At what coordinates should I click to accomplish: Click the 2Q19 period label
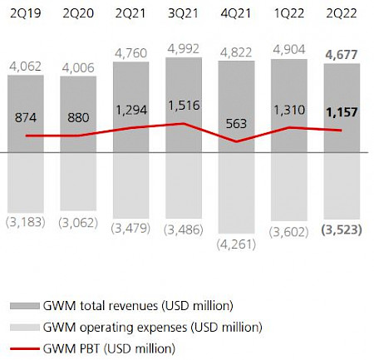[x=27, y=12]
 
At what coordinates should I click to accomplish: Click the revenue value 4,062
[x=27, y=62]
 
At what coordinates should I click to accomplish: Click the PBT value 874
[x=27, y=118]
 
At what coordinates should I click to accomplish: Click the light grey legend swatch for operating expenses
[x=26, y=326]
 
